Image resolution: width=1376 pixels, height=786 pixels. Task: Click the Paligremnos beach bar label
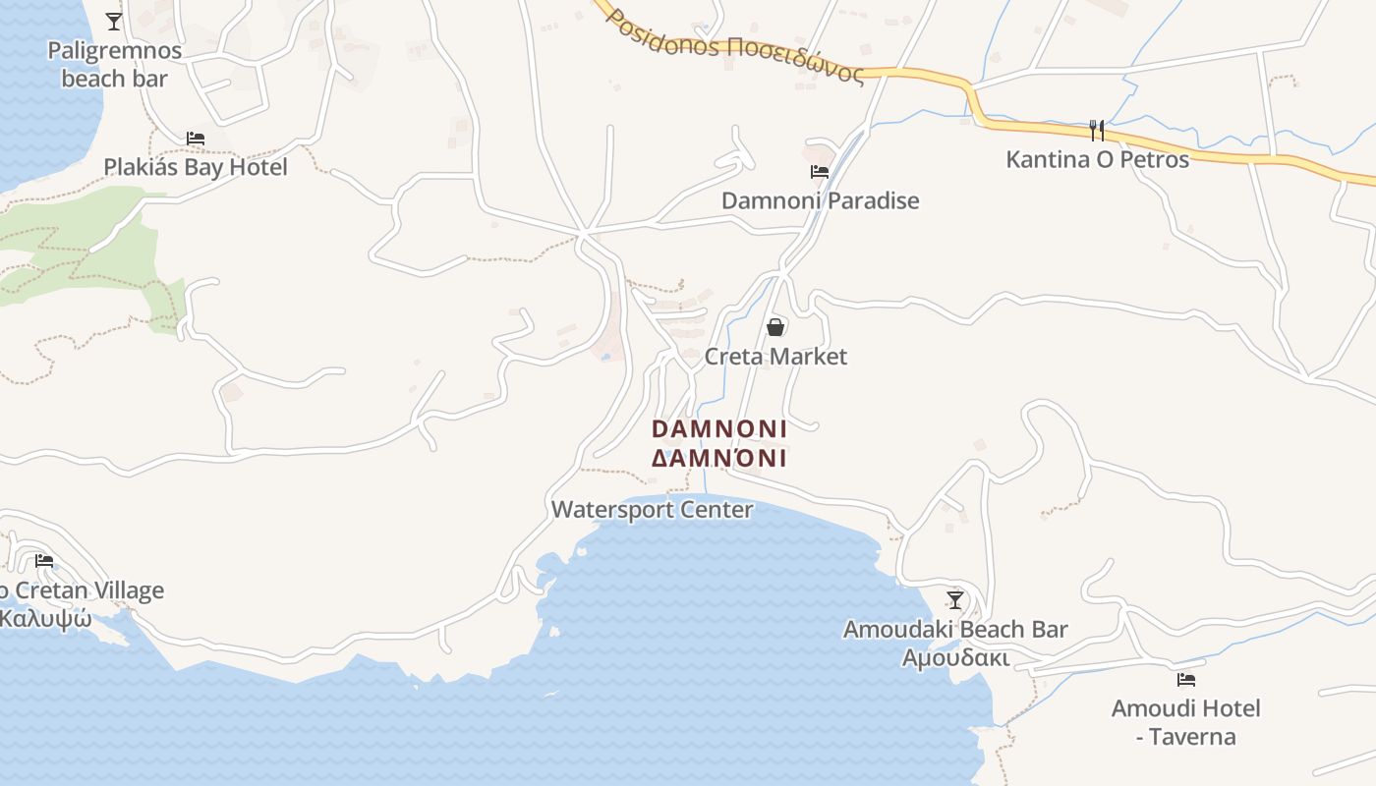coord(114,65)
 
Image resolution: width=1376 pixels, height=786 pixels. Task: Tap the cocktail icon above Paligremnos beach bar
coord(114,21)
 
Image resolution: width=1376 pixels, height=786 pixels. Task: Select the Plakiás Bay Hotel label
coord(196,167)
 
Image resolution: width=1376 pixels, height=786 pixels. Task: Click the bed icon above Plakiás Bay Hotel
coord(196,139)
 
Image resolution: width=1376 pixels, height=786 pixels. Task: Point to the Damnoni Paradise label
coord(820,200)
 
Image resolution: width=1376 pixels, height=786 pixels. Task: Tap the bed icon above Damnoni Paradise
coord(820,172)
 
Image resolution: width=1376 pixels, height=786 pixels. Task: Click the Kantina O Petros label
coord(1097,159)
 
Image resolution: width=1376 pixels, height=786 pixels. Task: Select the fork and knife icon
coord(1097,130)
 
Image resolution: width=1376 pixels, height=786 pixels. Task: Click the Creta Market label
coord(775,356)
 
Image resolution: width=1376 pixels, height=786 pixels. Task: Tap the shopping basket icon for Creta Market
coord(775,327)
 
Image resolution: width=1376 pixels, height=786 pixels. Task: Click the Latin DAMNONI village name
coord(719,429)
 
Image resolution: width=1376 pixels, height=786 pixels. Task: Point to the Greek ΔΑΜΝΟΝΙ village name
coord(719,459)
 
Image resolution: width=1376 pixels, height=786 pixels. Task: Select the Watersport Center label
coord(652,510)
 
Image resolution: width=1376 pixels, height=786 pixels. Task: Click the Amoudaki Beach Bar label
coord(955,629)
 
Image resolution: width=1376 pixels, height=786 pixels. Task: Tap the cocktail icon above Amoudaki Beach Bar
coord(955,599)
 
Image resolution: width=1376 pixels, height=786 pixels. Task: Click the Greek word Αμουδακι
coord(955,657)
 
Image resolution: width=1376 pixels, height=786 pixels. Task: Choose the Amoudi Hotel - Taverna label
coord(1185,722)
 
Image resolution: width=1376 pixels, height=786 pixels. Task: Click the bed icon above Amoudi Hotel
coord(1186,679)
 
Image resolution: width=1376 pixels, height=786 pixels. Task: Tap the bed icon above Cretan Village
coord(44,561)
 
